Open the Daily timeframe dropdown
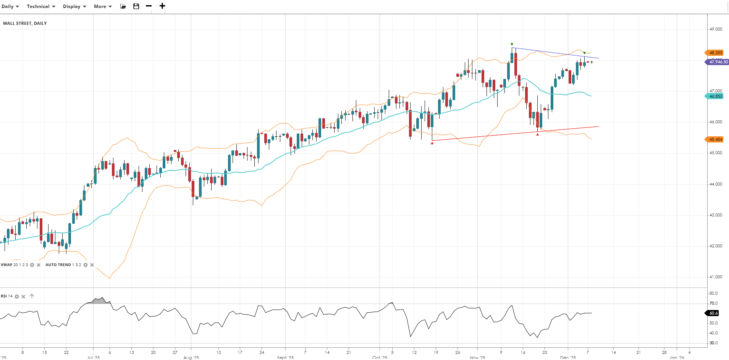[x=10, y=6]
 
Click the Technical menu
[x=41, y=6]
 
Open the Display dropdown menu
[x=74, y=6]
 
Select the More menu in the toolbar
[x=103, y=6]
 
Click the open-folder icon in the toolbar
[x=123, y=6]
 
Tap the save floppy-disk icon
[x=136, y=6]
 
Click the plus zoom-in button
[x=162, y=6]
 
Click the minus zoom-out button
[x=149, y=6]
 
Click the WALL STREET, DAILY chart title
[x=25, y=23]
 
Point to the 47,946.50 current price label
[x=718, y=62]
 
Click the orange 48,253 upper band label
[x=715, y=53]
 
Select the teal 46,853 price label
[x=715, y=96]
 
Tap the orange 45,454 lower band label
[x=715, y=139]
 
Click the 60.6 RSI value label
[x=713, y=313]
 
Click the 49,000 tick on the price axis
[x=716, y=29]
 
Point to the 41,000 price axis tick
[x=716, y=277]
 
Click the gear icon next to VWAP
[x=32, y=265]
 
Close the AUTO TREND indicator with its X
[x=92, y=265]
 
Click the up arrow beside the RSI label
[x=32, y=296]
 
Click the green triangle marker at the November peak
[x=512, y=45]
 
